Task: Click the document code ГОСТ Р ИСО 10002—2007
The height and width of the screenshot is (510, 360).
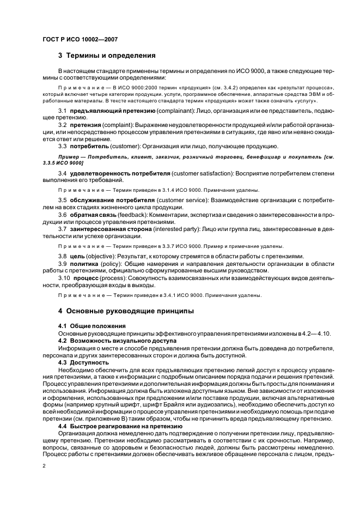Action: click(x=80, y=39)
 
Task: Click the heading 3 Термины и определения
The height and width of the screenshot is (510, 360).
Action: click(x=107, y=56)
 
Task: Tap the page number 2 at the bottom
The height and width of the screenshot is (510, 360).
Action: click(x=44, y=466)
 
